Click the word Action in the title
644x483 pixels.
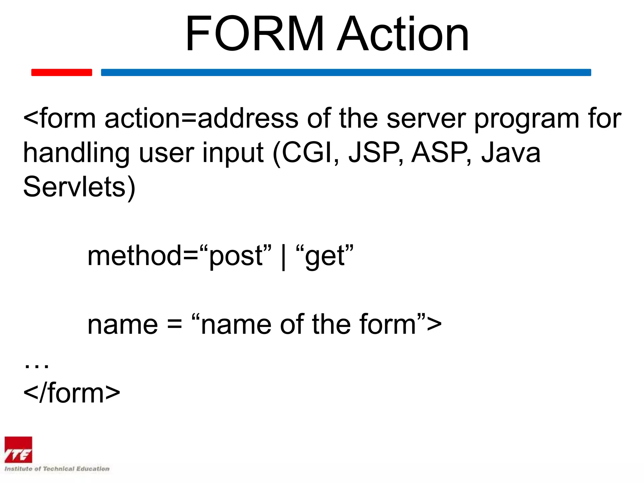click(403, 34)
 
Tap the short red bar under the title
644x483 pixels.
click(62, 72)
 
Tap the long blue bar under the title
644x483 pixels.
click(346, 72)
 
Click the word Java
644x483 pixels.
click(511, 153)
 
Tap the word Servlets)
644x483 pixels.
click(79, 187)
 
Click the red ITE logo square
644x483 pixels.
click(18, 450)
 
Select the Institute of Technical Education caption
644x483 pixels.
click(57, 469)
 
